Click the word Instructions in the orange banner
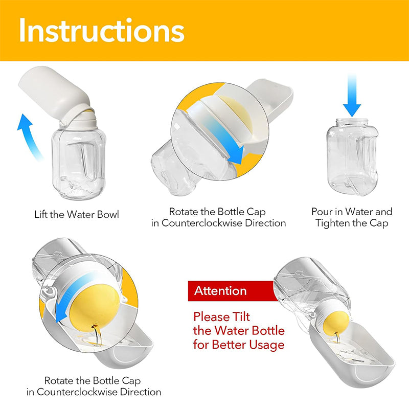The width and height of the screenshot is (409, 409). (x=102, y=31)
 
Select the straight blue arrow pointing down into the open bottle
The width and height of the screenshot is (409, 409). (x=352, y=95)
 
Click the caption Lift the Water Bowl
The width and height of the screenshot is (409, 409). (x=76, y=214)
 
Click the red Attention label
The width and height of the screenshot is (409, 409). (x=231, y=291)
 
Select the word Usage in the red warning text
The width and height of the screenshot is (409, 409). (x=266, y=345)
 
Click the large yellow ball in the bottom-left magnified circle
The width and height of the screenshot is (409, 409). (x=95, y=309)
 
